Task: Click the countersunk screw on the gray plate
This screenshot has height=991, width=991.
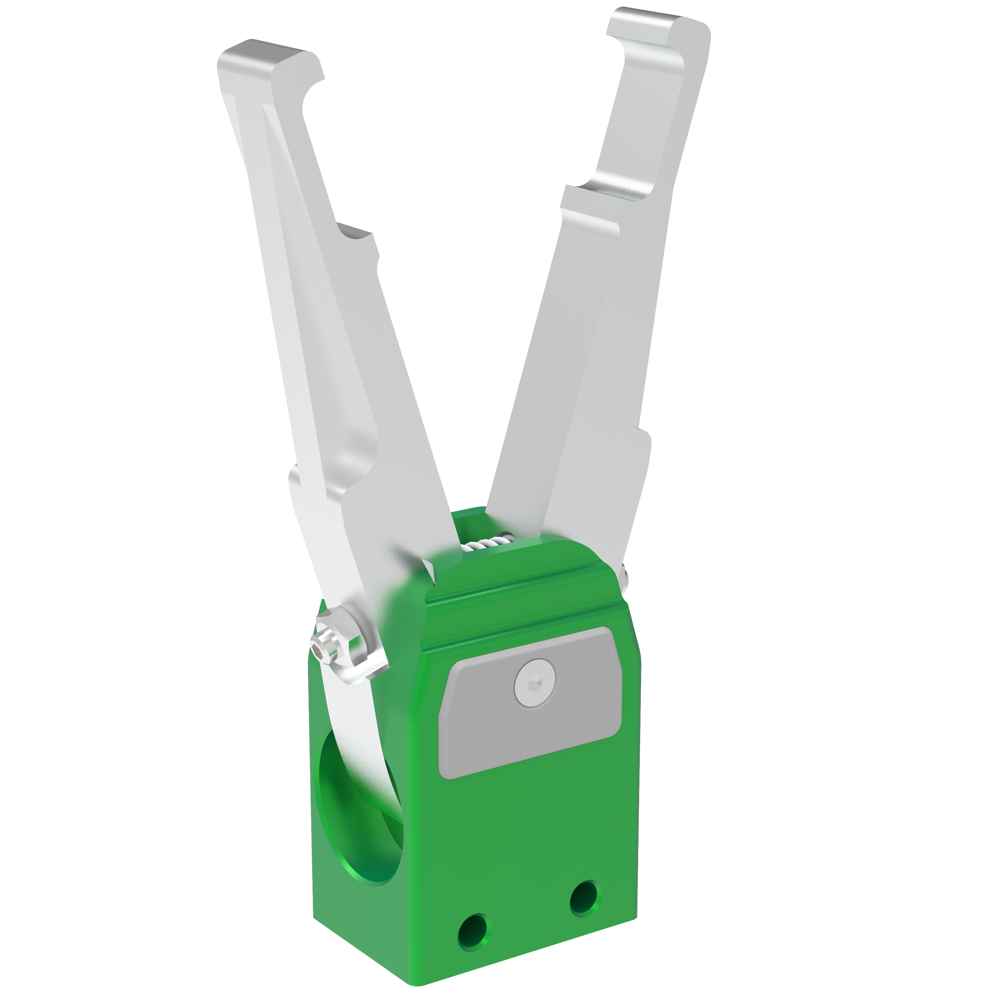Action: [x=534, y=683]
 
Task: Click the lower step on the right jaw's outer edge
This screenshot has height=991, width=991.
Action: [x=644, y=436]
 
